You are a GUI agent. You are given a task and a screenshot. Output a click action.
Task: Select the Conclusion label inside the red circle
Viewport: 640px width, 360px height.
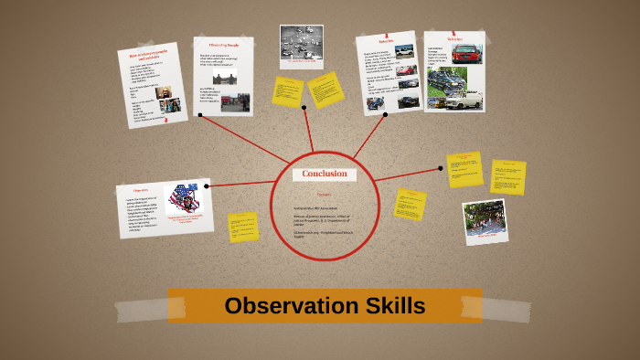click(x=325, y=174)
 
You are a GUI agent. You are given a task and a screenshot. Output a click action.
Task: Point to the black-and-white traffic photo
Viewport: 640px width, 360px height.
click(x=302, y=43)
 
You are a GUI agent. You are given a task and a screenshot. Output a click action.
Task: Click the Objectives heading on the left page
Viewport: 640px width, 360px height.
click(x=135, y=190)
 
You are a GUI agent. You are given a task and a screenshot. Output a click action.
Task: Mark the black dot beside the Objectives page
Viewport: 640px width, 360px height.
click(x=207, y=186)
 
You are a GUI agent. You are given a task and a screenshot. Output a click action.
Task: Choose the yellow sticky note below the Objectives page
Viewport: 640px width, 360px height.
click(x=242, y=227)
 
